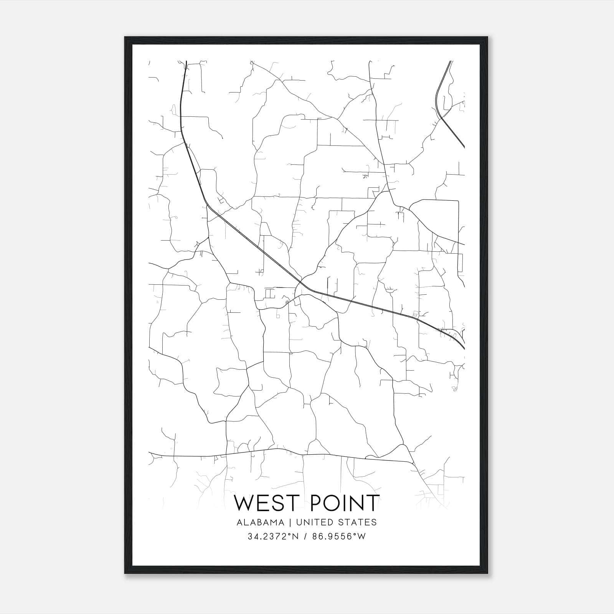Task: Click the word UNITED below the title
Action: click(x=314, y=522)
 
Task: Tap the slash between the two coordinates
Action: click(x=305, y=536)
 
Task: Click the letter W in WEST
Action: click(x=244, y=503)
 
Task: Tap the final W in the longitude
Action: click(x=361, y=536)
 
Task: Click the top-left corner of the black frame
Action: click(x=125, y=38)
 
